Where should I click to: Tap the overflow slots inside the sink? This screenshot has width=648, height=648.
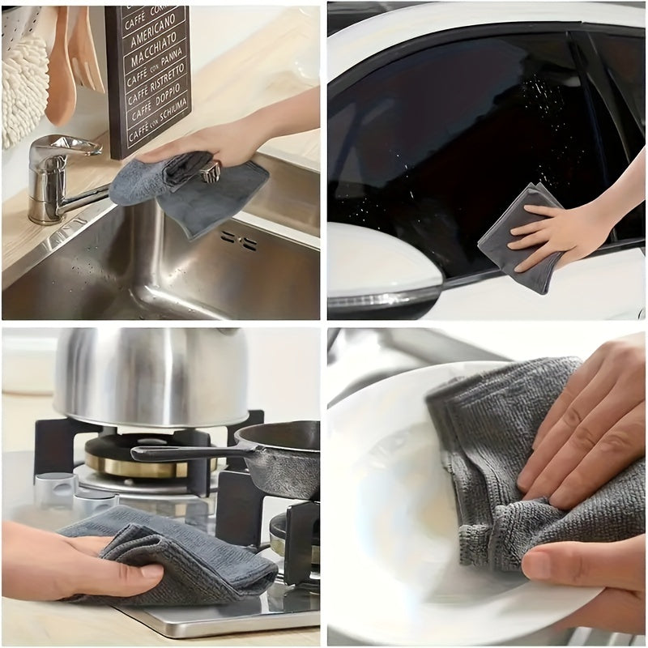point(239,239)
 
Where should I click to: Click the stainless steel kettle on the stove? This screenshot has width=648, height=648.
point(150,377)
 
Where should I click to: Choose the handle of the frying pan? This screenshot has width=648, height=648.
point(182,454)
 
